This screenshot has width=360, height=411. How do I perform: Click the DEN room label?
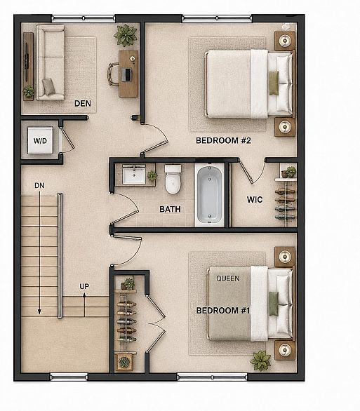(x=83, y=103)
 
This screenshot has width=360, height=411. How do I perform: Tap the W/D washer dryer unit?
(x=41, y=140)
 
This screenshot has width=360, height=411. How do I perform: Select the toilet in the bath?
(x=173, y=179)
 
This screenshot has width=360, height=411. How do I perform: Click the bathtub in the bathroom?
(x=210, y=194)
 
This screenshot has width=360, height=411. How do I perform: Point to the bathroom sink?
(x=134, y=175)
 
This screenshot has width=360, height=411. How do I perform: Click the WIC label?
(x=255, y=200)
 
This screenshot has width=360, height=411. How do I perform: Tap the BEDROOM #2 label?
(x=223, y=140)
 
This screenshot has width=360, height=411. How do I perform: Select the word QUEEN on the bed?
(x=228, y=278)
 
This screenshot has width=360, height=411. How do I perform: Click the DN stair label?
(x=39, y=186)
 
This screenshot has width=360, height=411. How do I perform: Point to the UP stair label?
(x=84, y=286)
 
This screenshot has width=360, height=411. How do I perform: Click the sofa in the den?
(x=51, y=62)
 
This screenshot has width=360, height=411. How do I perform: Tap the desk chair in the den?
(x=113, y=74)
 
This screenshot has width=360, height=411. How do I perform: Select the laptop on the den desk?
(x=127, y=74)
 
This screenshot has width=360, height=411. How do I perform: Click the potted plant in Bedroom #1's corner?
(x=260, y=361)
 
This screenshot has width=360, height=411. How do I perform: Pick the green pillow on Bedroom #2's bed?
(x=274, y=83)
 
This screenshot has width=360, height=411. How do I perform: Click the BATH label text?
(x=170, y=209)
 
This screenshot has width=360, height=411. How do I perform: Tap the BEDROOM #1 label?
(x=223, y=311)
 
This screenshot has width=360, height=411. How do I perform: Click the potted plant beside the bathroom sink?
(x=152, y=175)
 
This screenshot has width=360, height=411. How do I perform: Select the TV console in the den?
(x=28, y=67)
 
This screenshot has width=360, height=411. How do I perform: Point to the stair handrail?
(x=60, y=255)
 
